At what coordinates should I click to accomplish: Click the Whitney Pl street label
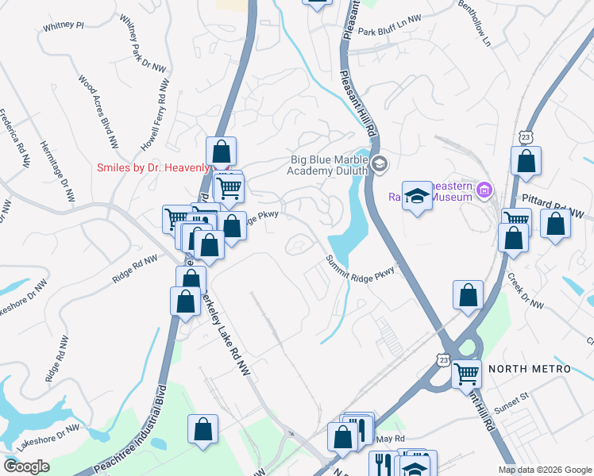[64, 25]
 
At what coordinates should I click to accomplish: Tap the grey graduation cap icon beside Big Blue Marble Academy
[380, 164]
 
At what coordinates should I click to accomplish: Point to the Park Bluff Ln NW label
[388, 25]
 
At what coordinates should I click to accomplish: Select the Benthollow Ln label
[475, 24]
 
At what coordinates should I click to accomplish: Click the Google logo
[26, 466]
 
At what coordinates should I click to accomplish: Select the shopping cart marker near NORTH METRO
[466, 374]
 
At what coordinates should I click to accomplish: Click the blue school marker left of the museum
[416, 198]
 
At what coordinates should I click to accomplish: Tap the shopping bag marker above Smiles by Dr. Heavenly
[221, 152]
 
